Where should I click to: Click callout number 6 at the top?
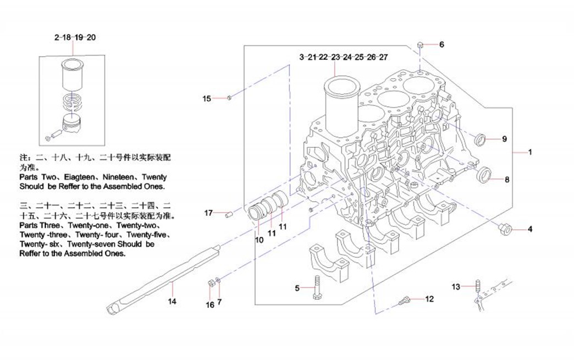click(441, 44)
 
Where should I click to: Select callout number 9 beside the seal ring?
click(504, 139)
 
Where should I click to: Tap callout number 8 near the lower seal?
click(507, 179)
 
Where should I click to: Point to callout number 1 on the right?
click(530, 152)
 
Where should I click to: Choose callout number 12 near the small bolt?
click(429, 299)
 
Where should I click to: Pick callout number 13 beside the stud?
click(456, 286)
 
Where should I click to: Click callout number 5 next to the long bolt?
click(297, 288)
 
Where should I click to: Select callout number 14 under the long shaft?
click(172, 301)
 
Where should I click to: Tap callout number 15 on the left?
click(207, 99)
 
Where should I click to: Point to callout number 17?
click(208, 213)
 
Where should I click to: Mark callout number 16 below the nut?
click(209, 304)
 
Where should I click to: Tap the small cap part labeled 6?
click(420, 43)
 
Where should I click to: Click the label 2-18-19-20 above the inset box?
click(75, 37)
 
